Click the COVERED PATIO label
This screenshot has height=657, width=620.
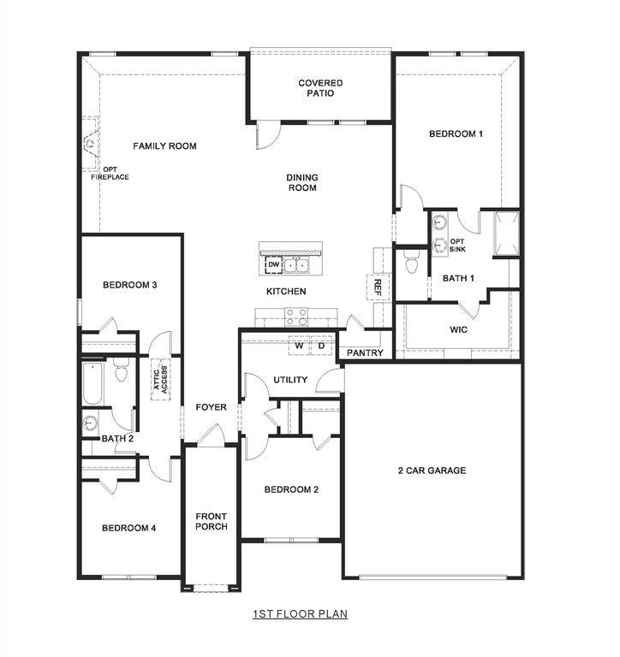[x=320, y=88]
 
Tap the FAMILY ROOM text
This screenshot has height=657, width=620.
[x=164, y=146]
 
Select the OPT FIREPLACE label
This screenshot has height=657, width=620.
[x=110, y=174]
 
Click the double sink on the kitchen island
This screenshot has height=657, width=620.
[x=297, y=265]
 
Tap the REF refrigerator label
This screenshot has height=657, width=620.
[x=375, y=287]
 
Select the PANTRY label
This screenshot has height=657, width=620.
[x=365, y=352]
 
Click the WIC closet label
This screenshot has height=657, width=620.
[x=458, y=329]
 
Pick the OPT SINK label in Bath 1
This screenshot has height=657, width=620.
[x=457, y=246]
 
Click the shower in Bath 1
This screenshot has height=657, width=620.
[x=504, y=233]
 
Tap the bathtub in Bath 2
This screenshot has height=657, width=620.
[x=93, y=384]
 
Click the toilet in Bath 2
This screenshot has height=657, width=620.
[x=121, y=374]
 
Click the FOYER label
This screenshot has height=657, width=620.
[x=211, y=407]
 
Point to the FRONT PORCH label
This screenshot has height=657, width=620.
[x=211, y=521]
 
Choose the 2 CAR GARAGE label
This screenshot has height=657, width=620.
[x=432, y=471]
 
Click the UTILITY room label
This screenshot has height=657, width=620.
[x=290, y=380]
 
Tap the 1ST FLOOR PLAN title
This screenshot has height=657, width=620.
[x=300, y=614]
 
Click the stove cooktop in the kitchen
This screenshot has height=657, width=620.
[x=295, y=318]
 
